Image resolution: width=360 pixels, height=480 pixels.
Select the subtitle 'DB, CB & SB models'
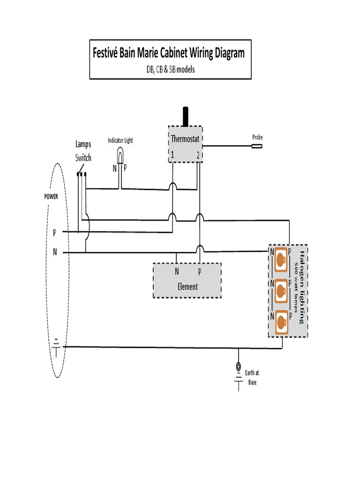tap(170, 69)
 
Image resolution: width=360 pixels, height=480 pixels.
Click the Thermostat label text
tap(185, 139)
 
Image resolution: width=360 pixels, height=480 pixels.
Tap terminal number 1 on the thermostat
tap(172, 155)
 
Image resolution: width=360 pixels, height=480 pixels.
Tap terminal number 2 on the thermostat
tap(198, 155)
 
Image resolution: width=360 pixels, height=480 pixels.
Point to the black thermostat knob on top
tap(186, 116)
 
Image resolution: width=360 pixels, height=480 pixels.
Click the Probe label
tap(257, 137)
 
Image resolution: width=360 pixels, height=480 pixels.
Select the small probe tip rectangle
tap(257, 146)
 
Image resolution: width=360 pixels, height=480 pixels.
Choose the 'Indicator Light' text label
tap(120, 140)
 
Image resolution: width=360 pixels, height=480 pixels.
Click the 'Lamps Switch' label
tap(83, 151)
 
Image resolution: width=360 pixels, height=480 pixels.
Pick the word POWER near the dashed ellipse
tap(51, 197)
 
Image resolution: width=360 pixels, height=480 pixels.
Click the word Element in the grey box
tap(187, 286)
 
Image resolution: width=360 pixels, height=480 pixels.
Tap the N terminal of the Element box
tap(177, 272)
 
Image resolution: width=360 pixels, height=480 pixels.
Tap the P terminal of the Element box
tap(200, 272)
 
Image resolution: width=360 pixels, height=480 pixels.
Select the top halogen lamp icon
tap(281, 259)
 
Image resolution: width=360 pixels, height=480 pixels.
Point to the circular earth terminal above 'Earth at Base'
tap(239, 367)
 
